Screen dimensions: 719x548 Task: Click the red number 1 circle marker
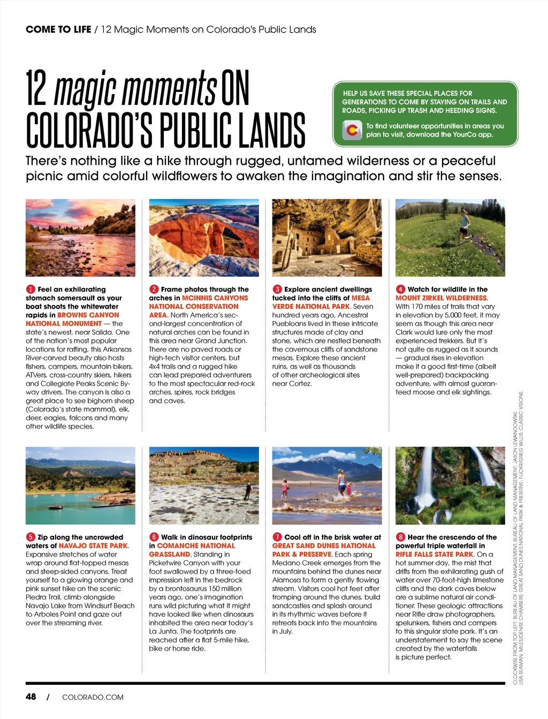tap(31, 289)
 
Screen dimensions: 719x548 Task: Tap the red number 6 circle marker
tap(154, 537)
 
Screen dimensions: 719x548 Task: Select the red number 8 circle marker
tap(400, 537)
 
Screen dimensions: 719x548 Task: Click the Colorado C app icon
tap(352, 130)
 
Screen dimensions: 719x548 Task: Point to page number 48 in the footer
tap(31, 697)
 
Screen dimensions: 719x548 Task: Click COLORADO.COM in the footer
tap(93, 697)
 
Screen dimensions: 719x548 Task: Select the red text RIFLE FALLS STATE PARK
tap(435, 554)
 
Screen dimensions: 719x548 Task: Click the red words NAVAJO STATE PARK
tap(94, 546)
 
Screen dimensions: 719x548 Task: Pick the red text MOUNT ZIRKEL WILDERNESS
tap(441, 298)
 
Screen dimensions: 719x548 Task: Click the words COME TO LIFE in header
tap(58, 29)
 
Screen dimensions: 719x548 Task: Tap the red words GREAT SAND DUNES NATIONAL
tap(324, 546)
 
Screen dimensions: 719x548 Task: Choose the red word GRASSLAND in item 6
tap(170, 554)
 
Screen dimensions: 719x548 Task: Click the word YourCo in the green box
tap(465, 135)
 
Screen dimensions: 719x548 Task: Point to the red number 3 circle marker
tap(277, 289)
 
